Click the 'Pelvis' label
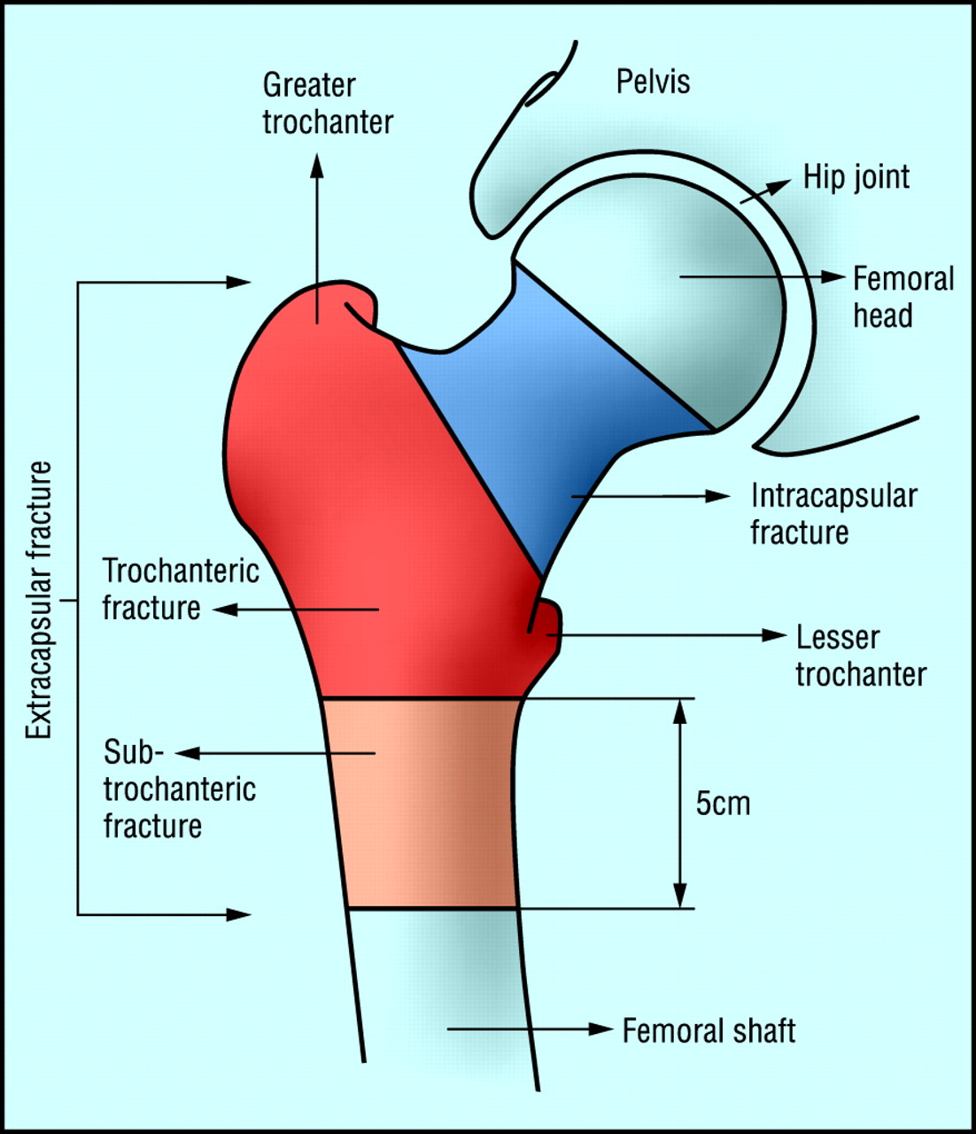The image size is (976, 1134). coord(653,82)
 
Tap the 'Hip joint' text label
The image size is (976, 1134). coord(856,176)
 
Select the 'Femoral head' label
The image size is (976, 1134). coord(902,297)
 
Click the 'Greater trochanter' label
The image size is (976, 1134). coord(327,104)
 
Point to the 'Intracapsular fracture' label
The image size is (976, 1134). coord(833,514)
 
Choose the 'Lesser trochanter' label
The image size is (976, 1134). coord(860,656)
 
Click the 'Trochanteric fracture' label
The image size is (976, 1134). coord(180,589)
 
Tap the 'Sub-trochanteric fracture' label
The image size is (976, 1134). coord(178,788)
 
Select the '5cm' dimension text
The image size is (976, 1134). coord(723,804)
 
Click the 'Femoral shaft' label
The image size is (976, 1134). coord(709,1030)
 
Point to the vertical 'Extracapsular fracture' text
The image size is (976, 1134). coord(39,600)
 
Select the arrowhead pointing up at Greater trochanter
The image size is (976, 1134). coord(317,165)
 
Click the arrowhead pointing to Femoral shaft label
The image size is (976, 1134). coord(601,1029)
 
